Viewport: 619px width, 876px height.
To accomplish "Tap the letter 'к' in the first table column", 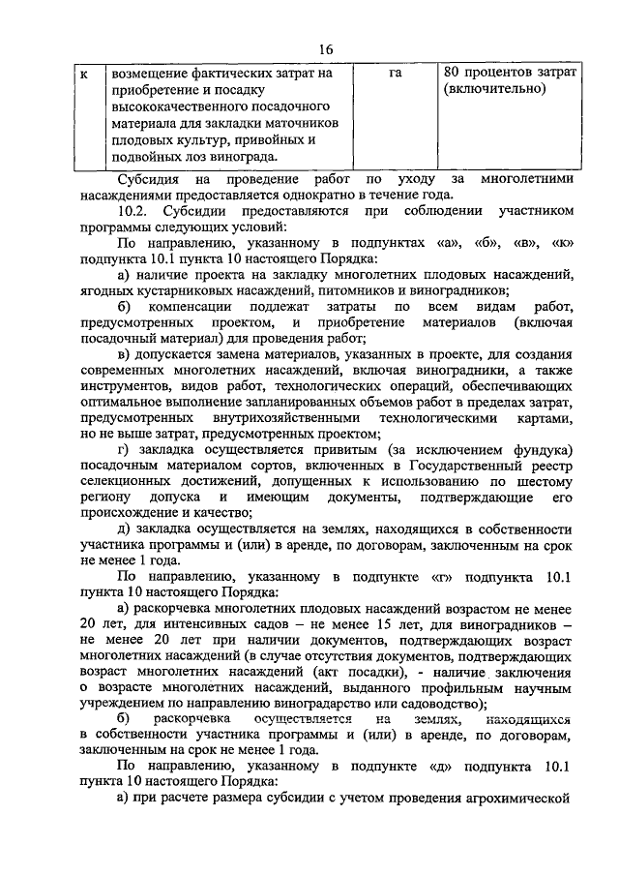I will coord(85,73).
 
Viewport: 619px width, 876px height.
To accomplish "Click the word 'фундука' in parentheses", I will coord(537,454).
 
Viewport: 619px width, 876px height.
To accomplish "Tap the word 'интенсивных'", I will coord(191,624).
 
